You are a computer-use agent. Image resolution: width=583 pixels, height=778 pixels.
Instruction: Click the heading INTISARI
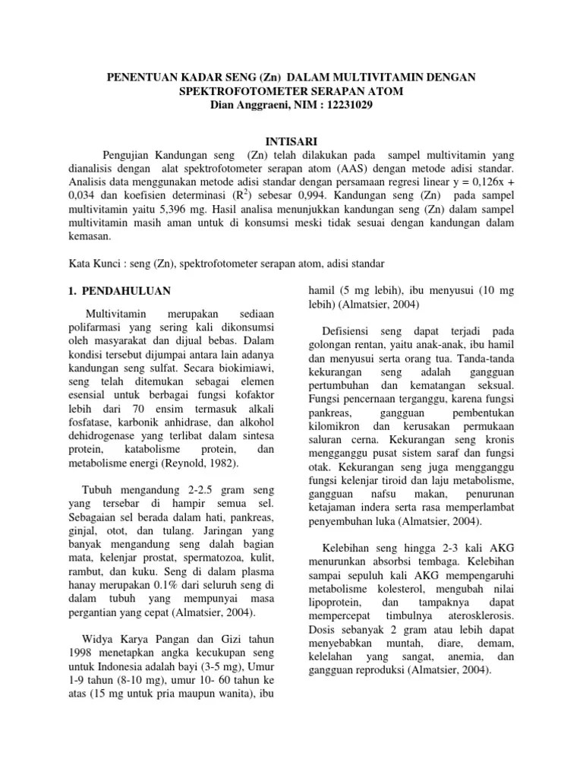point(291,141)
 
